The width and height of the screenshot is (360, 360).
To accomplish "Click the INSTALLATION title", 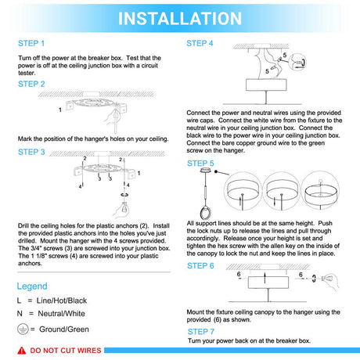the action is (180, 18).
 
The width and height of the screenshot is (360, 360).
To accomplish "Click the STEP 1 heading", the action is (31, 43).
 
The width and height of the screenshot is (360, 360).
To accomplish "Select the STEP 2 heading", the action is (31, 84).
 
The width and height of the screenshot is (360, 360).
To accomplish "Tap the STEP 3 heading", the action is (31, 152).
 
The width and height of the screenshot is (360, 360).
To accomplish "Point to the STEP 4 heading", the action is (200, 43).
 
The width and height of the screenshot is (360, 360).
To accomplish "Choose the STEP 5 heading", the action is (200, 164).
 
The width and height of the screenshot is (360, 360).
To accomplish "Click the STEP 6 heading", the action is (200, 266).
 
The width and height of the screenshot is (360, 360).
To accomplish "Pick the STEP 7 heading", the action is (201, 332).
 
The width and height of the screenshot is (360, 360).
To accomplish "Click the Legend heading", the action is (32, 286).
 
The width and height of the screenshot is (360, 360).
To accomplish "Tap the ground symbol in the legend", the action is (23, 329).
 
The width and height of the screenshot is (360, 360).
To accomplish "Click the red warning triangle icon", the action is (22, 351).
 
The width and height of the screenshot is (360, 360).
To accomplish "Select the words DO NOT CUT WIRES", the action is (66, 351).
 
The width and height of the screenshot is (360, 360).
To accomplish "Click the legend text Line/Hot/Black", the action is (62, 301).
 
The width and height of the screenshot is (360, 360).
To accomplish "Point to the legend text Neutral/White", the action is (62, 314).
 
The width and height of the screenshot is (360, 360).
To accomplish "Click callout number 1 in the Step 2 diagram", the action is (60, 110).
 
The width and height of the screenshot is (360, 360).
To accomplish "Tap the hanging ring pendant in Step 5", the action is (205, 213).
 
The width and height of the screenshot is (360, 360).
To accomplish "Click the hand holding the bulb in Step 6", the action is (330, 280).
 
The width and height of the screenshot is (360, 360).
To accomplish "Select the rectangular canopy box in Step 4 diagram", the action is (266, 85).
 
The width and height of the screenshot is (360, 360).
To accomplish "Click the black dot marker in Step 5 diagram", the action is (216, 171).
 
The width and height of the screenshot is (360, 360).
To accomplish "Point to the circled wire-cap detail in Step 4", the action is (298, 63).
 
